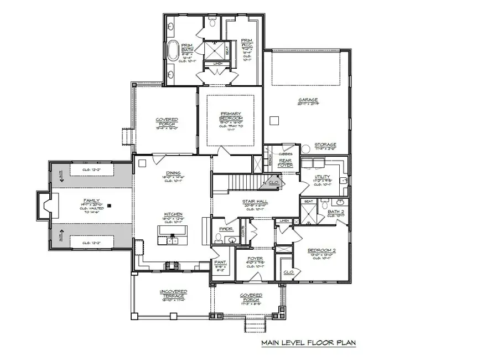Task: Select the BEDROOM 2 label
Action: coord(321,251)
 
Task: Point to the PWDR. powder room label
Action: coord(226,228)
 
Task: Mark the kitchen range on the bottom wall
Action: coord(172,266)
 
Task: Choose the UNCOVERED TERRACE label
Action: coord(173,292)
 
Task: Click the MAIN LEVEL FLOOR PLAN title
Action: coord(308,343)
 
